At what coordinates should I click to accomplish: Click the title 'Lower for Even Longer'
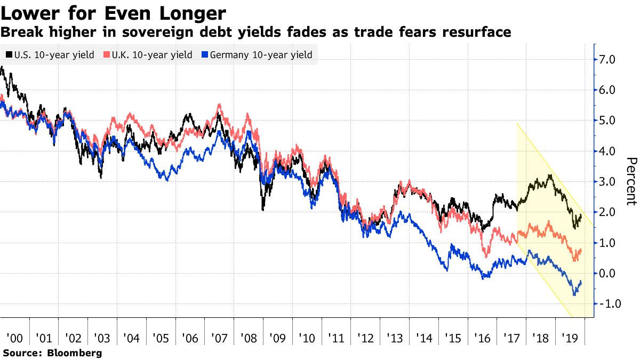coord(113,13)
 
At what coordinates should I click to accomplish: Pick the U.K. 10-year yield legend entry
coord(147,55)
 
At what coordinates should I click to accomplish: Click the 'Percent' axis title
coord(631,181)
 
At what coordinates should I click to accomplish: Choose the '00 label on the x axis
coord(14,338)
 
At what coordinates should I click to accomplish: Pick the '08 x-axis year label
coord(248,338)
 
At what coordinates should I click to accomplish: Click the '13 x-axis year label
coord(394,338)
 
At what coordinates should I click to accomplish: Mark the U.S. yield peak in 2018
coord(550,175)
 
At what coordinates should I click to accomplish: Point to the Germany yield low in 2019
coord(574,295)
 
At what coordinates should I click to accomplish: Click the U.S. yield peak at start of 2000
coord(3,67)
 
